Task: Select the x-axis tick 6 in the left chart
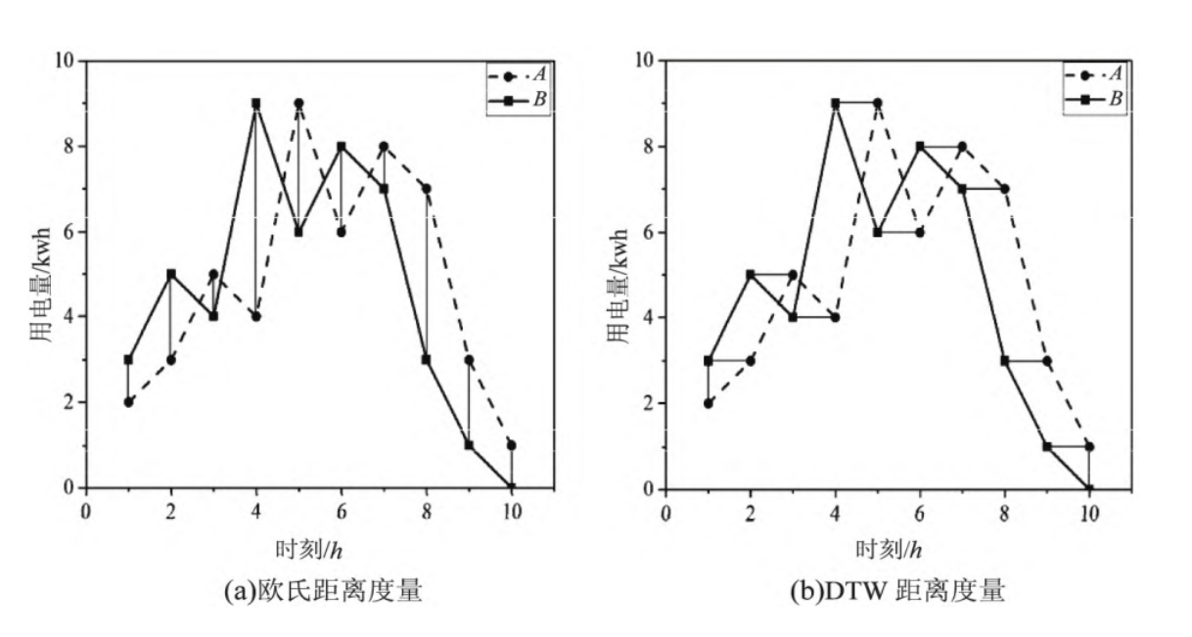click(x=341, y=511)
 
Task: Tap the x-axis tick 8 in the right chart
click(x=1005, y=511)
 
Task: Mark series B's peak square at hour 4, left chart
click(x=255, y=103)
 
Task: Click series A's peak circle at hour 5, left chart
click(x=298, y=103)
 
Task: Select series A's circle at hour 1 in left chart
click(x=128, y=401)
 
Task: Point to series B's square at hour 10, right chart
click(x=1089, y=488)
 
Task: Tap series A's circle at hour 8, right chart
click(x=1005, y=189)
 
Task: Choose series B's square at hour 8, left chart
click(x=426, y=359)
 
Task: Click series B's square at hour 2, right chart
click(x=750, y=275)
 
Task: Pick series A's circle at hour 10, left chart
click(x=511, y=445)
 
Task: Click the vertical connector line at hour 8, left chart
click(x=426, y=274)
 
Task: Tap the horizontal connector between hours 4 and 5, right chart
click(x=856, y=103)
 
